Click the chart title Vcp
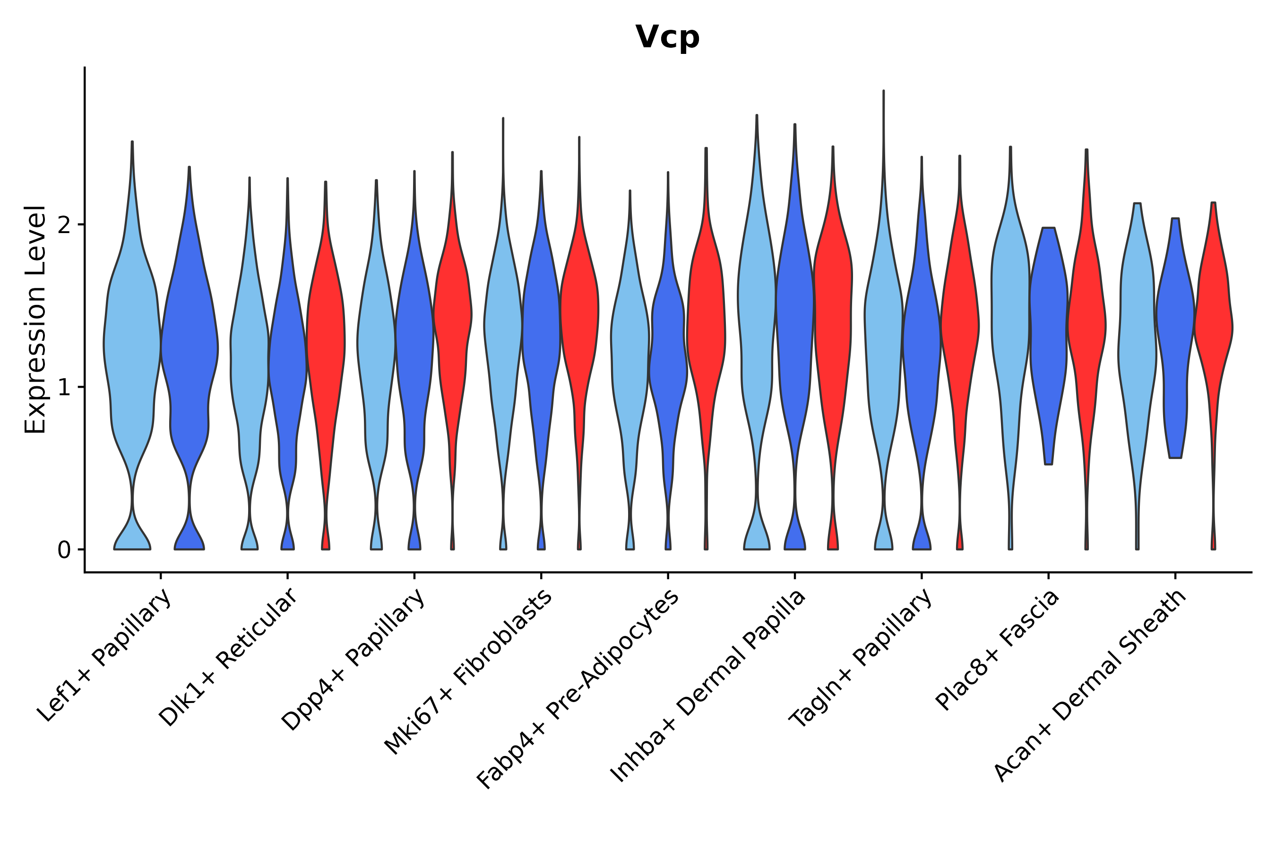[x=667, y=37]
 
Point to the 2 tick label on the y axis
[x=64, y=225]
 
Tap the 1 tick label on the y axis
[x=64, y=388]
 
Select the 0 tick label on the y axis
[x=64, y=550]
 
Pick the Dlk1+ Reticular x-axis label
[x=228, y=657]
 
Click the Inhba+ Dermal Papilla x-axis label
[x=708, y=686]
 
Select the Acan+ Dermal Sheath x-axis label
[x=1090, y=686]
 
